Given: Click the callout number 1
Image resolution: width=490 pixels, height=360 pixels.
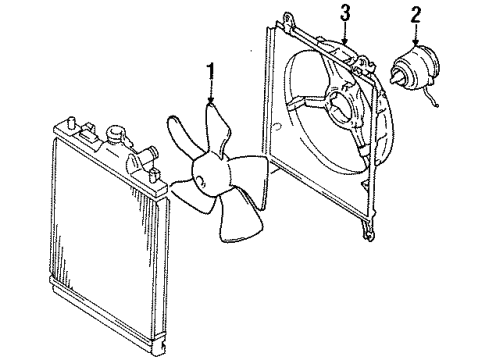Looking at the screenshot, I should pyautogui.click(x=210, y=72).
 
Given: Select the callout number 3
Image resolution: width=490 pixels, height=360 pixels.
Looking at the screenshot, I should pyautogui.click(x=344, y=13).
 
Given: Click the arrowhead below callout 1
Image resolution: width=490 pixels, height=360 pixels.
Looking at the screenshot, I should pyautogui.click(x=211, y=102).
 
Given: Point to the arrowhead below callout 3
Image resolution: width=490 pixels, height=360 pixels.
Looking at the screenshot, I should pyautogui.click(x=343, y=41).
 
